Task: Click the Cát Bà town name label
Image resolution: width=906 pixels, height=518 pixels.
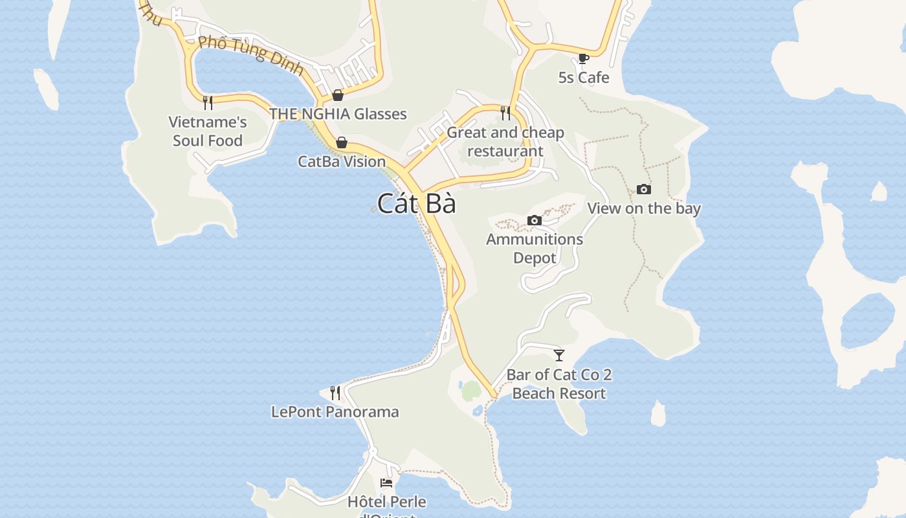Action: coord(417,204)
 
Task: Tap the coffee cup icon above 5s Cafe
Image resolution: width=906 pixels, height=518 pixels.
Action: coord(583,58)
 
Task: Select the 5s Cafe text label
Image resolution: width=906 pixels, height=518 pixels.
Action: coord(584,78)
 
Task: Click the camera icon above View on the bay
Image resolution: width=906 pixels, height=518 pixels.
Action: coord(644,189)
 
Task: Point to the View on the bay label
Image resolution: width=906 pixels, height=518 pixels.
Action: coord(644,208)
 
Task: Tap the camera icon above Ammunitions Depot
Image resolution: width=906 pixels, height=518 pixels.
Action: coord(535,220)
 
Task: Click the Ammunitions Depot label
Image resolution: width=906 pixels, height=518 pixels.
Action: coord(535,248)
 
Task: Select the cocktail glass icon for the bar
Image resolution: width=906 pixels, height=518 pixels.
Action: coord(559,355)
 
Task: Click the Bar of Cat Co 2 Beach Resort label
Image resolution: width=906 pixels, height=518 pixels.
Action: coord(559,384)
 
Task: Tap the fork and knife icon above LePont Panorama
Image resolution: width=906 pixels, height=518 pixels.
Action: coord(335,392)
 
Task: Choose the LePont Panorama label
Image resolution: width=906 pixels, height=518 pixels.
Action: coord(335,412)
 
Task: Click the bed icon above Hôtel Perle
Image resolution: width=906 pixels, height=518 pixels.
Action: coord(386,482)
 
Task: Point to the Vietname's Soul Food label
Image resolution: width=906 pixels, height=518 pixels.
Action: coord(208,131)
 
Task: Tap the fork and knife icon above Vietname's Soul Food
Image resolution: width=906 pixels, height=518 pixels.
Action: coord(208,102)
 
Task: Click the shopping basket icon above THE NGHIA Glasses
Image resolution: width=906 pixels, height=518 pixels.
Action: coord(338,95)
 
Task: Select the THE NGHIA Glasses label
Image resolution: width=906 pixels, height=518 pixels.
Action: coord(338,114)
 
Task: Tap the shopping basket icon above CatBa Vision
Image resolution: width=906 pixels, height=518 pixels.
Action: coord(342,142)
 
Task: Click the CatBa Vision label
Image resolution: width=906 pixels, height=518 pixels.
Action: coord(342,161)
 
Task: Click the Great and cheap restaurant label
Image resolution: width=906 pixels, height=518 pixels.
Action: coord(505,142)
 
